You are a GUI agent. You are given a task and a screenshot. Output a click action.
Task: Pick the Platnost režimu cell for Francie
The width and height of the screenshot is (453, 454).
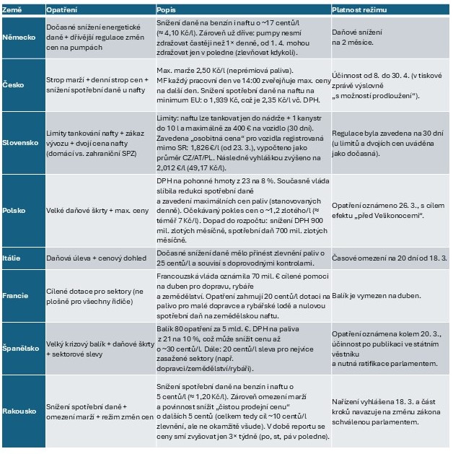tap(376, 296)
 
